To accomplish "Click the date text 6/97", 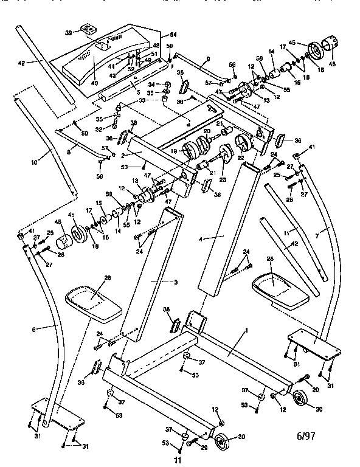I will [307, 436].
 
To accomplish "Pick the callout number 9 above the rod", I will [208, 58].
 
